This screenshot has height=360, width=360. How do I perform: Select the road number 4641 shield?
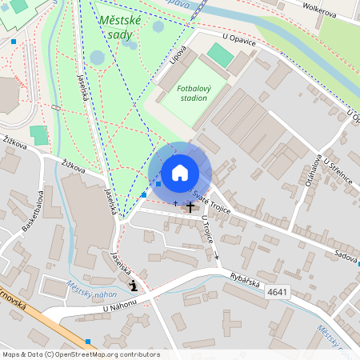[x=278, y=292]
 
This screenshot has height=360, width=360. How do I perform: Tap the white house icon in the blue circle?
[x=180, y=172]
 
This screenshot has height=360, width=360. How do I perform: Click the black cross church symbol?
[x=190, y=207]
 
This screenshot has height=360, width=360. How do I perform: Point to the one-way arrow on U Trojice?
[x=217, y=256]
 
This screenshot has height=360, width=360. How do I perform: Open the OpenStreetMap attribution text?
[x=80, y=354]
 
